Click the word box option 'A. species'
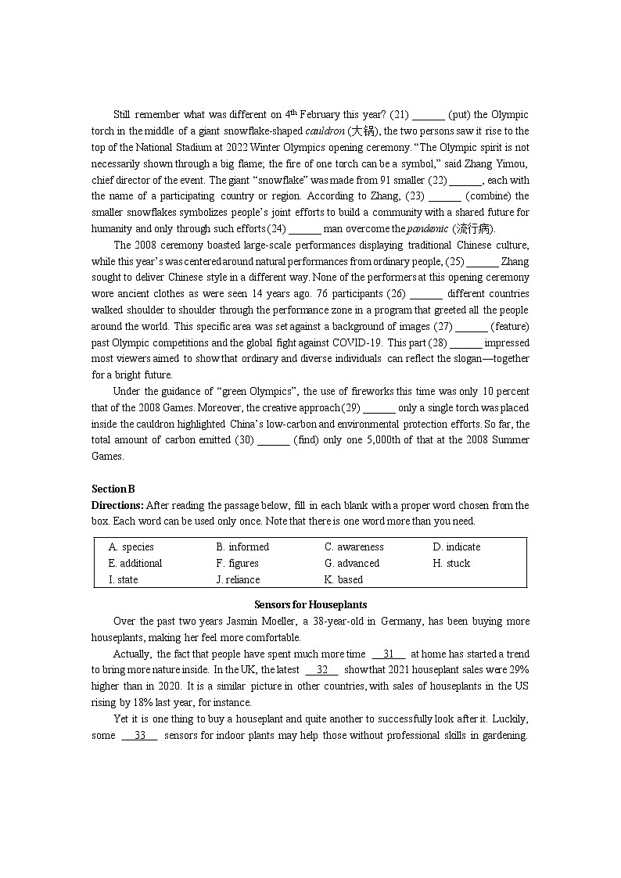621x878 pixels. (131, 547)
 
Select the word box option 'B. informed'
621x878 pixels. (242, 547)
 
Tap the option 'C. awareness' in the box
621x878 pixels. (354, 547)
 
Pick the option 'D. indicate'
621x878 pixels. (457, 547)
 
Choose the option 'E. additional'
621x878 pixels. (135, 563)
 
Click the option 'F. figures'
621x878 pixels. (237, 563)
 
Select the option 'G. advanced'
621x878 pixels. (352, 563)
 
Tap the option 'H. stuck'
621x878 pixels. (451, 563)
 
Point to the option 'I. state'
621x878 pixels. (123, 579)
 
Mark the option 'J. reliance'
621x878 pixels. (238, 579)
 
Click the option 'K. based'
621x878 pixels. (344, 579)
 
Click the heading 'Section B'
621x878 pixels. (113, 489)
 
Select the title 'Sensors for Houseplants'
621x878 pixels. (310, 604)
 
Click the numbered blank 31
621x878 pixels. (389, 654)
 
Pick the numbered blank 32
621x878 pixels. (322, 670)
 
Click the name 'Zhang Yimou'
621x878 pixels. (500, 163)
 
